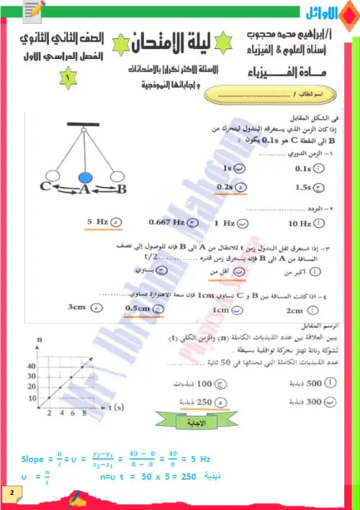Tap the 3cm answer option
(x=77, y=307)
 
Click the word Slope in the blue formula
(x=33, y=458)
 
